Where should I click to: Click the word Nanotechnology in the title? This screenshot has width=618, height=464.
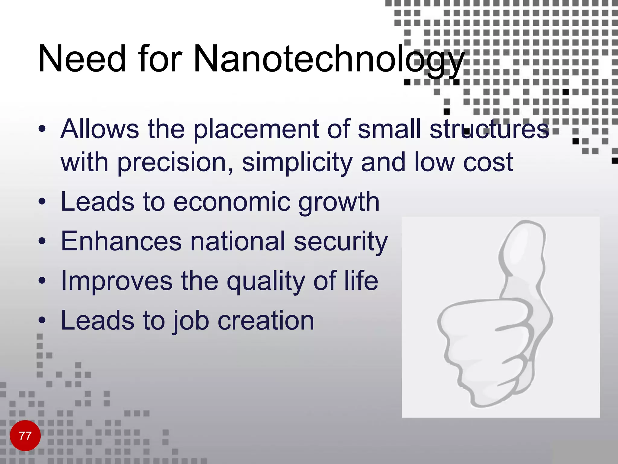[x=329, y=59]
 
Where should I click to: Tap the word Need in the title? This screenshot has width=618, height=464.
[x=81, y=59]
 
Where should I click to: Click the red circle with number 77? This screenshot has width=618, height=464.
[x=25, y=436]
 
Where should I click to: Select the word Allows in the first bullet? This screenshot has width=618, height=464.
[x=100, y=129]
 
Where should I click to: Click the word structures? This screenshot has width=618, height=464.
[x=489, y=129]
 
